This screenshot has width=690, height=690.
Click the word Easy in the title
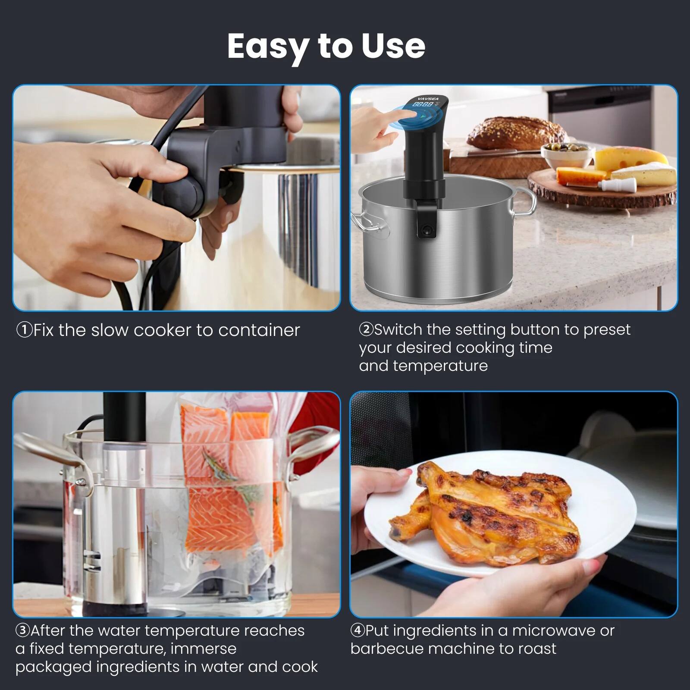tap(268, 47)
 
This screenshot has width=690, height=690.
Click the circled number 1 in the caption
tap(24, 330)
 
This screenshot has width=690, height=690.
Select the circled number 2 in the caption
tap(366, 329)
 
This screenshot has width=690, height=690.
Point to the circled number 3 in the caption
tap(22, 630)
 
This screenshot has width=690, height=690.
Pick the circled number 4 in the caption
tap(358, 630)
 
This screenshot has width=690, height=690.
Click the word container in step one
tap(259, 330)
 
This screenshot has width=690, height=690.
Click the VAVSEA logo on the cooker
tap(428, 99)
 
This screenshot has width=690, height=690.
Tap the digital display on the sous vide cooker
tap(423, 104)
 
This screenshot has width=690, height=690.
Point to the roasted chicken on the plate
tap(487, 513)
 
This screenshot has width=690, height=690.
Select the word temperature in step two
tap(440, 366)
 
